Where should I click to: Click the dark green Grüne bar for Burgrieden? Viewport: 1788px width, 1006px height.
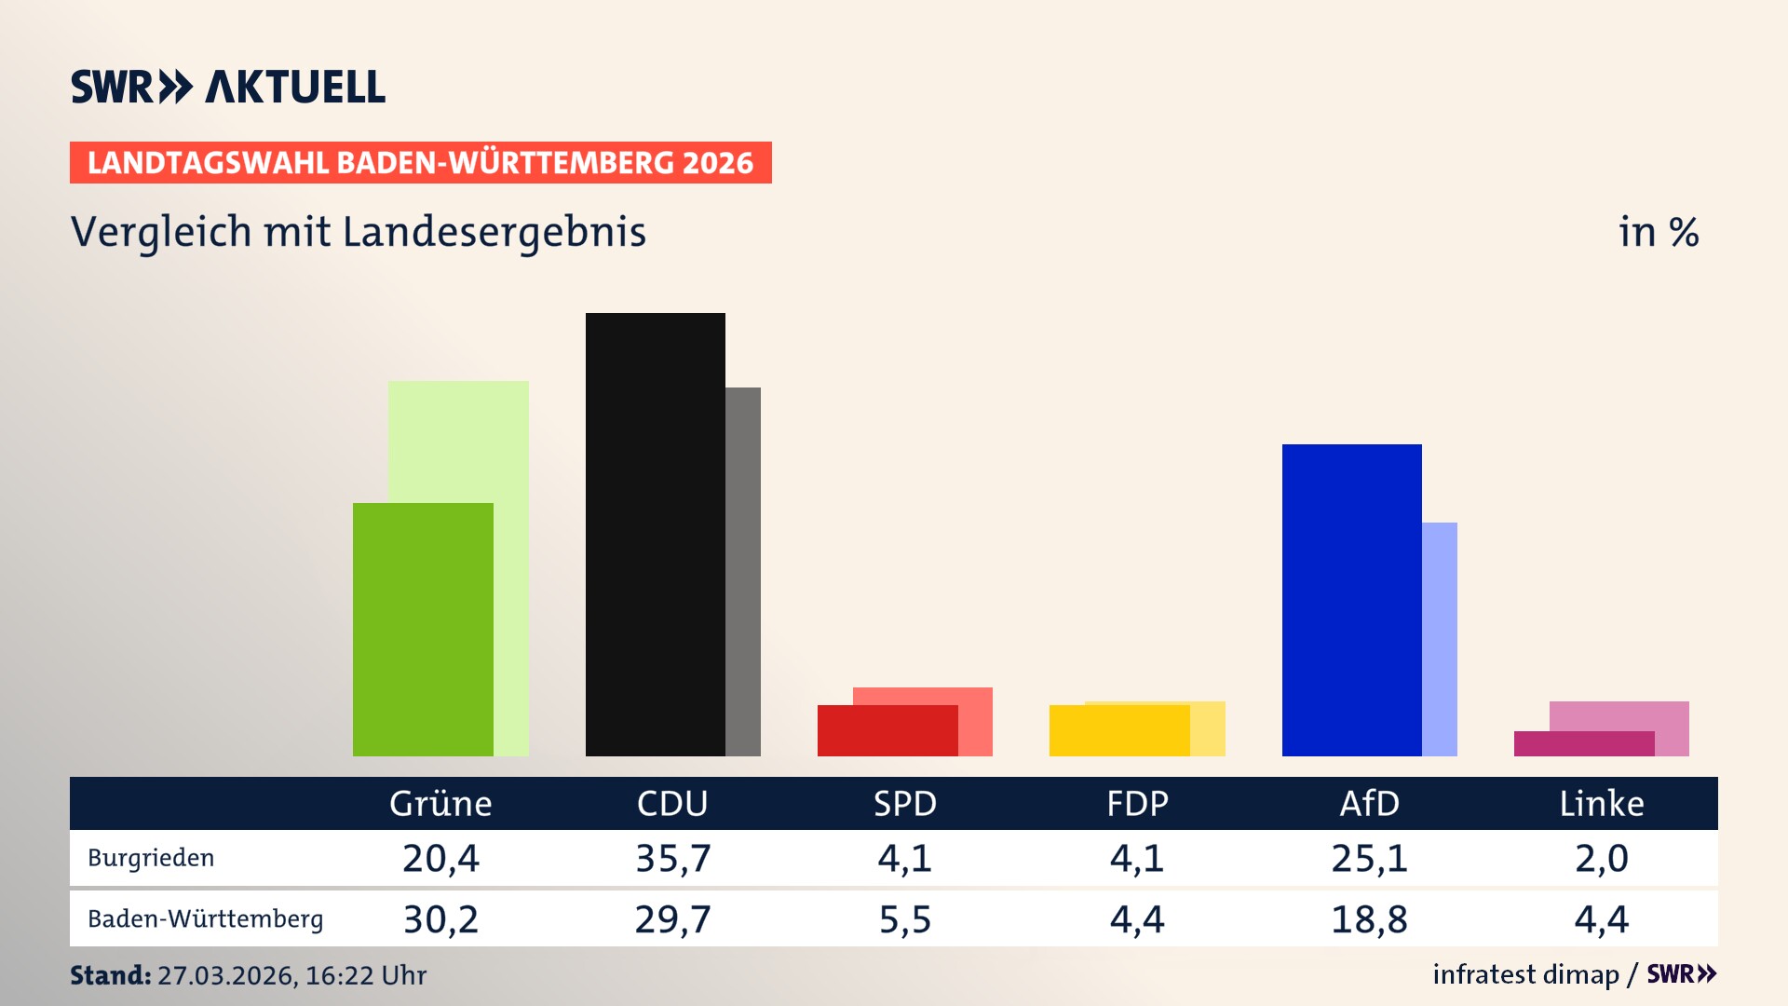click(x=423, y=629)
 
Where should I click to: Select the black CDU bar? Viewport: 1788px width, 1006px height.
click(x=655, y=534)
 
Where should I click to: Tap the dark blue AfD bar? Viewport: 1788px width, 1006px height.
click(x=1351, y=599)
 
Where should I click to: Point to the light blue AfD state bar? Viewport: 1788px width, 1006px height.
click(x=1440, y=639)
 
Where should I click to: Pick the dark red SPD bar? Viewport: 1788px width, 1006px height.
click(x=887, y=730)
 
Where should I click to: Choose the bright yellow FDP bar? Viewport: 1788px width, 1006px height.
click(x=1118, y=730)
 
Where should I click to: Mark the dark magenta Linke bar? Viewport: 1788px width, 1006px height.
click(x=1583, y=743)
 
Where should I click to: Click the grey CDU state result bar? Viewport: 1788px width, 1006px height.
click(x=743, y=571)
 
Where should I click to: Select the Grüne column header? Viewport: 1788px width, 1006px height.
click(x=440, y=803)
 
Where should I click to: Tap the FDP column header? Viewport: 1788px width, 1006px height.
click(x=1137, y=803)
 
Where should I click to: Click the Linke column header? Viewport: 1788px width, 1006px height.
click(x=1602, y=803)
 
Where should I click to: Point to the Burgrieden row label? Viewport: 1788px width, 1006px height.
click(x=151, y=858)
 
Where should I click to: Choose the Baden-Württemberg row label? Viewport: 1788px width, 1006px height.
click(x=206, y=919)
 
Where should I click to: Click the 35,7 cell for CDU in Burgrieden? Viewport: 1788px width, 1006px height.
click(x=673, y=858)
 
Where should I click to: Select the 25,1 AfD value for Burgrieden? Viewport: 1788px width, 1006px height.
click(x=1369, y=858)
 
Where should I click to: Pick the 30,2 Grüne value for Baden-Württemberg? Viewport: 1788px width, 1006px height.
click(x=440, y=919)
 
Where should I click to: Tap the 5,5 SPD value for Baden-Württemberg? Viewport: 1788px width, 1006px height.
click(x=905, y=919)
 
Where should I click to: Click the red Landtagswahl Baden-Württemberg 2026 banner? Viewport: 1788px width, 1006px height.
click(x=420, y=163)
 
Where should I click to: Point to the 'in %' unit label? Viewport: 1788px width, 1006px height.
click(x=1658, y=232)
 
